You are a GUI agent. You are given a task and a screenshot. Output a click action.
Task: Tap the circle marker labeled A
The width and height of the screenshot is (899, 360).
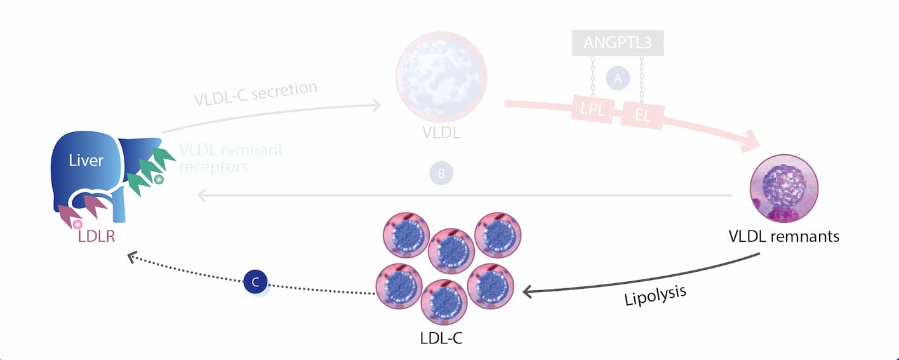coord(617,77)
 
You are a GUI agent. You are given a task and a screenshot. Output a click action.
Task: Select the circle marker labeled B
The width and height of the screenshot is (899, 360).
coord(441,173)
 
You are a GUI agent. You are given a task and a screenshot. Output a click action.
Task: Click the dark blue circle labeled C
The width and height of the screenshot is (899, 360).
coord(255,283)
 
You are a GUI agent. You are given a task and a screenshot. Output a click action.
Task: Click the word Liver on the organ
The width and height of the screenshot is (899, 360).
coord(86,161)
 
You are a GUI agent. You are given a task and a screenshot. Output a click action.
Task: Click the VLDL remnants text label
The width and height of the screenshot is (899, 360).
coord(784,237)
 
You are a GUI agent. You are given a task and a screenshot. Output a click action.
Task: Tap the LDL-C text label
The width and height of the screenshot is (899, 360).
coord(441,337)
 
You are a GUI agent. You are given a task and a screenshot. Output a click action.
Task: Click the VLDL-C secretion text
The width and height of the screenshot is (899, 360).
coord(256,93)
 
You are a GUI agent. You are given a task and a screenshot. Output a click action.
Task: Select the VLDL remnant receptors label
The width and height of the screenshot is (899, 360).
coord(230,158)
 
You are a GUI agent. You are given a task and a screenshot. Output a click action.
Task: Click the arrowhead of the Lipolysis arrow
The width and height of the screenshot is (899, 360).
coord(527,291)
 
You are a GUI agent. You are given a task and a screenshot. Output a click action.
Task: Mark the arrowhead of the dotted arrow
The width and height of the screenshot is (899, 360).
coord(131,256)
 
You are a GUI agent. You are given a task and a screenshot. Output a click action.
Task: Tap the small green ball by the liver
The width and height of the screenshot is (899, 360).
coord(159,180)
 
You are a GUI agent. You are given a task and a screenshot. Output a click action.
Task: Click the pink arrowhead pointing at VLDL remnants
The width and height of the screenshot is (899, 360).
coord(753,141)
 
